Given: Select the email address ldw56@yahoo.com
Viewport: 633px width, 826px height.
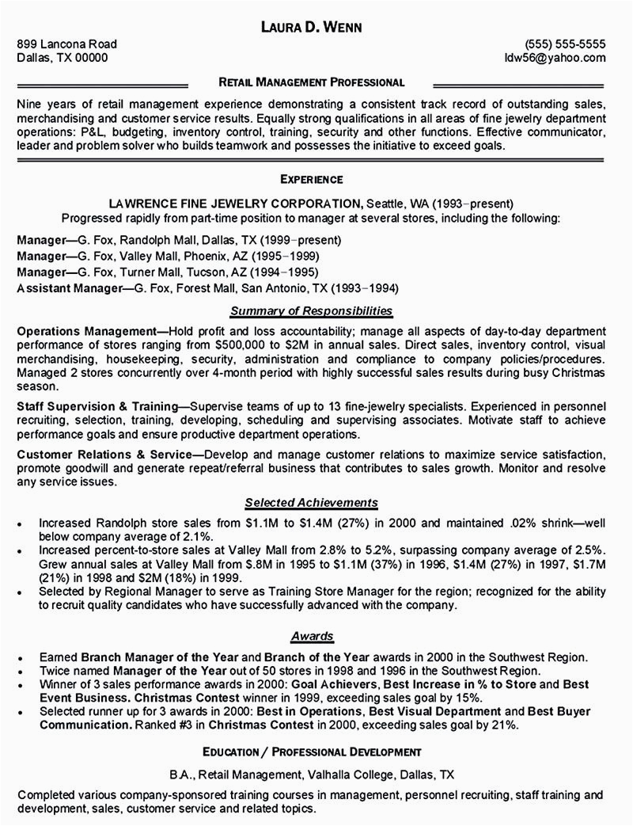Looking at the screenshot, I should [556, 59].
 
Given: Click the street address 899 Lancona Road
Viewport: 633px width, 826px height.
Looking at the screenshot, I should [67, 44].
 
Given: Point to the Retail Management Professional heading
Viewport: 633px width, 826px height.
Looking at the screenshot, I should [312, 82].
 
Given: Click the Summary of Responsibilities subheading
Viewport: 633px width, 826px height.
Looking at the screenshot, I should [311, 311].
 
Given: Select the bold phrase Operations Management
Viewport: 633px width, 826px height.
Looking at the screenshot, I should [87, 330].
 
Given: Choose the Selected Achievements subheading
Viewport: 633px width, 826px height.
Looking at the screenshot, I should [311, 502].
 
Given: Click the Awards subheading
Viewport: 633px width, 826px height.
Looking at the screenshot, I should [311, 636].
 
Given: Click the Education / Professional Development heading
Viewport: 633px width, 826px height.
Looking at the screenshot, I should [311, 751].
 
